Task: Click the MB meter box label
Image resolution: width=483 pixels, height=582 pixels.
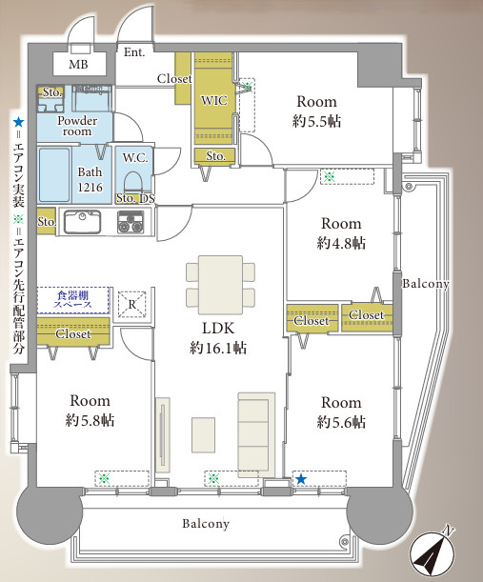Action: click(x=78, y=64)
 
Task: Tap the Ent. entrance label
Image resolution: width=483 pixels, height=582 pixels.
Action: click(x=134, y=52)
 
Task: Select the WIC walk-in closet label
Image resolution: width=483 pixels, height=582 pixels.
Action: click(x=213, y=100)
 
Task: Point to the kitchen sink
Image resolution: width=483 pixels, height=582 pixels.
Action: click(x=82, y=222)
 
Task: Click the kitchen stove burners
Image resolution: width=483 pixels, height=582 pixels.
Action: click(x=131, y=222)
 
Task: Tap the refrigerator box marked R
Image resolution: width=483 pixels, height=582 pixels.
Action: click(x=132, y=305)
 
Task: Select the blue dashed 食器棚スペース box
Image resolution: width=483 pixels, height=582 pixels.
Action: click(x=73, y=300)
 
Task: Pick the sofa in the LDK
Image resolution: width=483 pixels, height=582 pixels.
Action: click(x=256, y=434)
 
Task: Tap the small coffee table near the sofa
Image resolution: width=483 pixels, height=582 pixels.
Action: click(x=204, y=435)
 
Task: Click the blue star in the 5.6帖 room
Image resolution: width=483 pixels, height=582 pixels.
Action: click(x=301, y=479)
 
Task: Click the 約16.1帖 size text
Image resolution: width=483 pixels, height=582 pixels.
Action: click(x=218, y=349)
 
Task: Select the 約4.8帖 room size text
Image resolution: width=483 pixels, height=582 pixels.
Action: click(x=341, y=243)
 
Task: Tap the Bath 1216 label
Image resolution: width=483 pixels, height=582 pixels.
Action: click(x=90, y=180)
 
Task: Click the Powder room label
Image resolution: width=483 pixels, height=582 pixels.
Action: click(x=77, y=126)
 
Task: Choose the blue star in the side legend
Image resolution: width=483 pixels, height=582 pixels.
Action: click(x=18, y=122)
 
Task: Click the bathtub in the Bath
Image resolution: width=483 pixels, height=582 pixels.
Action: click(x=54, y=175)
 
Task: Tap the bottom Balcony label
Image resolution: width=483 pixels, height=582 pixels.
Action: click(x=206, y=524)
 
